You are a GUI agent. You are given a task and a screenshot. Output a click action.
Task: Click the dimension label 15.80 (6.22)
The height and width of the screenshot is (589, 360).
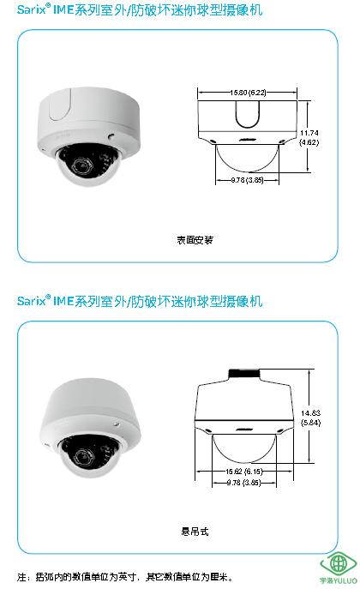(x=248, y=93)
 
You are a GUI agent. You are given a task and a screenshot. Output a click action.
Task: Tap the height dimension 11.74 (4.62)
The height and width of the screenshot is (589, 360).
(x=309, y=137)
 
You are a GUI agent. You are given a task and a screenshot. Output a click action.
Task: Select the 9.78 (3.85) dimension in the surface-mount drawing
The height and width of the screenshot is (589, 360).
(x=247, y=180)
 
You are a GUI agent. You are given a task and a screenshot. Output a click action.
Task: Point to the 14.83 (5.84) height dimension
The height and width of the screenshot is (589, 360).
(x=310, y=418)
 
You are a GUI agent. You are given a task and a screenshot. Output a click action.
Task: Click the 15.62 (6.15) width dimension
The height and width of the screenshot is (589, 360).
(x=244, y=471)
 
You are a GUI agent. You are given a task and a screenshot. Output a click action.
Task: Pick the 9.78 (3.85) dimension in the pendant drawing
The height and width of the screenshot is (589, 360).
(x=244, y=483)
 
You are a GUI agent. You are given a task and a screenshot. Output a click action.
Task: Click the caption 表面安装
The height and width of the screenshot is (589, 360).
(x=195, y=240)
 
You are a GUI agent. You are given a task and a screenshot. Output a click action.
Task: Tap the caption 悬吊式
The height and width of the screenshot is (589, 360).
(x=195, y=532)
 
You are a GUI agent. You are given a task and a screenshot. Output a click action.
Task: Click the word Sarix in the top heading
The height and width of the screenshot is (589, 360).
(x=31, y=9)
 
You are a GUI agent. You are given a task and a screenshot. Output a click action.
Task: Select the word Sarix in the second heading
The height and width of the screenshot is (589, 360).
(x=31, y=301)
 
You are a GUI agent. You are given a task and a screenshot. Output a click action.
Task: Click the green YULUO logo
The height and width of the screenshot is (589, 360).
(x=338, y=568)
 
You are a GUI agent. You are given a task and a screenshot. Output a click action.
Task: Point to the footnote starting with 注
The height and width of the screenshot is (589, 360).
(x=125, y=577)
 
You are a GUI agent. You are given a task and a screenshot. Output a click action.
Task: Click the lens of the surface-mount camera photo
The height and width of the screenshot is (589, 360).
(x=81, y=165)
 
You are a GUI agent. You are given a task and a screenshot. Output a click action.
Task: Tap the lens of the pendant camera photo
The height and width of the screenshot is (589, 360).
(x=82, y=456)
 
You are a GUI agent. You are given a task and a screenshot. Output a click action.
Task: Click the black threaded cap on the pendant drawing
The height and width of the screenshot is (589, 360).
(x=243, y=373)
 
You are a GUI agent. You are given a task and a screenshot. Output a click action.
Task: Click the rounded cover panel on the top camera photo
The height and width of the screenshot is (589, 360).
(x=60, y=104)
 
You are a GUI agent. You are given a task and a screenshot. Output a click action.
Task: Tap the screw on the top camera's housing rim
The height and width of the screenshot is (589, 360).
(x=111, y=135)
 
